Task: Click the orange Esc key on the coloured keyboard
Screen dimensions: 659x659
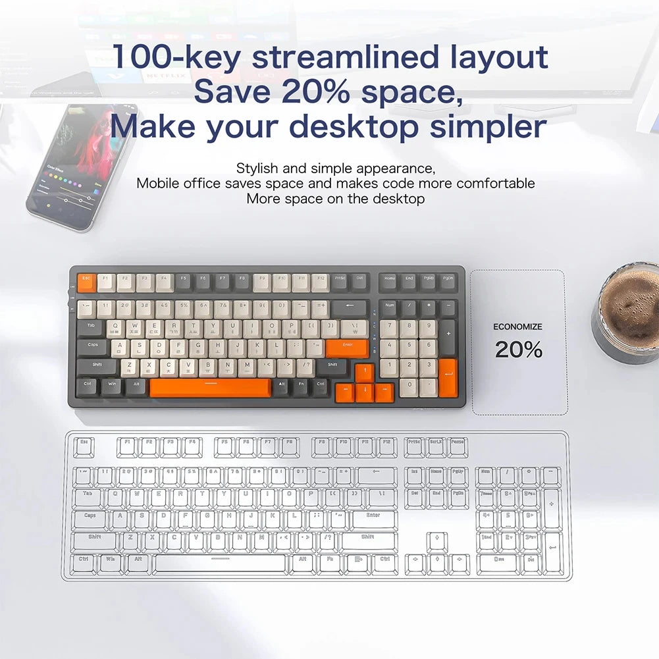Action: point(86,282)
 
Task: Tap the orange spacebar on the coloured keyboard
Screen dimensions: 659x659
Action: point(210,388)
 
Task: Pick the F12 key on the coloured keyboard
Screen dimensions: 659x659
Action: point(320,282)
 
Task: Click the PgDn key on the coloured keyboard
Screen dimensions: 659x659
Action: point(448,281)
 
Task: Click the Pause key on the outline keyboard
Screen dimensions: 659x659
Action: point(458,446)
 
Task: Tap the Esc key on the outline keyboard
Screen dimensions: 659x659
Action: point(84,446)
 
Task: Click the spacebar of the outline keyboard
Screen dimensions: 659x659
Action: point(221,564)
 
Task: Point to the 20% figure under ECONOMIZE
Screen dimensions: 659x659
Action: point(519,350)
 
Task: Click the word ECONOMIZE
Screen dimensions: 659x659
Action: point(518,327)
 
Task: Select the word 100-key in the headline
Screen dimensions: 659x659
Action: point(176,57)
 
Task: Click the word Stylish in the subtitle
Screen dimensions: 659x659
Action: point(257,169)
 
